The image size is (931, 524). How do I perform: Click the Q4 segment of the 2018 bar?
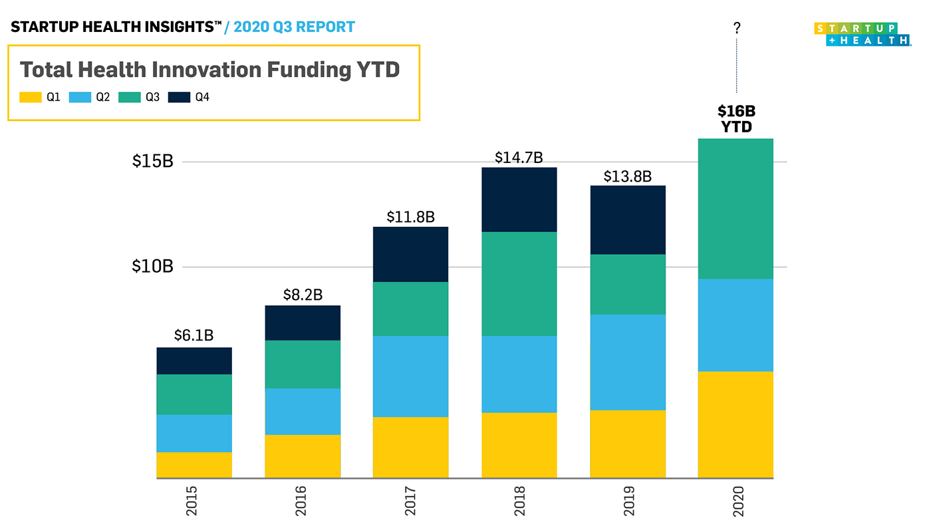[x=519, y=199]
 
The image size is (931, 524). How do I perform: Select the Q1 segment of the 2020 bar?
[x=735, y=424]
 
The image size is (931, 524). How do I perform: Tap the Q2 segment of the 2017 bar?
[x=410, y=376]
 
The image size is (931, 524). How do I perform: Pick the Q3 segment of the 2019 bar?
[x=627, y=284]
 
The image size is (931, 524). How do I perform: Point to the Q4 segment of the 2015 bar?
[x=194, y=360]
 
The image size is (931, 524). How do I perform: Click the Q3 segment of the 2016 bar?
[x=303, y=364]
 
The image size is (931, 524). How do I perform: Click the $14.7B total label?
[x=519, y=158]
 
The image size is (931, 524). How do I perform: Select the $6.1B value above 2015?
[x=194, y=336]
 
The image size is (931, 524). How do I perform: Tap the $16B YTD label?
[x=736, y=119]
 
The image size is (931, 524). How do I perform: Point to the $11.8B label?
[x=410, y=217]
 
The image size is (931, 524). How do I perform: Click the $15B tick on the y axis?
[x=152, y=162]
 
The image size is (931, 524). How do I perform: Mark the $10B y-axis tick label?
[x=152, y=267]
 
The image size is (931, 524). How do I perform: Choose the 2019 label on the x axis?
[x=628, y=501]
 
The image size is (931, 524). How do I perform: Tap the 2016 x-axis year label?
[x=303, y=501]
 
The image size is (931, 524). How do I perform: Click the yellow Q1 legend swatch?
[x=31, y=97]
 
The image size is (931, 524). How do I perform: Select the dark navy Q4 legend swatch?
[x=179, y=97]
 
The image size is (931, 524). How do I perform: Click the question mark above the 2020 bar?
[x=736, y=28]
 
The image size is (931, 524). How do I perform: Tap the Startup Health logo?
[x=862, y=34]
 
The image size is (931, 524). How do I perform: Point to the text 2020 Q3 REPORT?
[x=294, y=27]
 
